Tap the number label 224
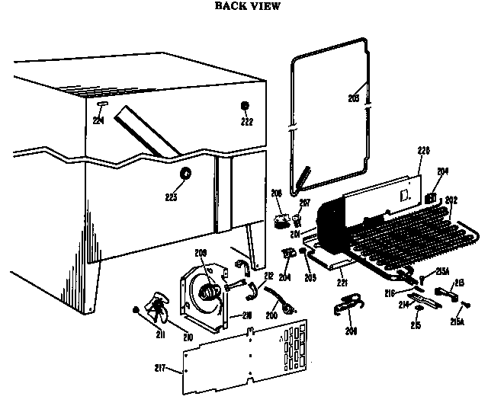tap(98, 119)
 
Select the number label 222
tap(246, 122)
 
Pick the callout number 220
tap(424, 150)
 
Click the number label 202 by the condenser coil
tap(451, 201)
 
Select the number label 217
tap(172, 371)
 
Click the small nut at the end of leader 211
tap(135, 308)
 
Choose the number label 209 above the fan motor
tap(201, 252)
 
